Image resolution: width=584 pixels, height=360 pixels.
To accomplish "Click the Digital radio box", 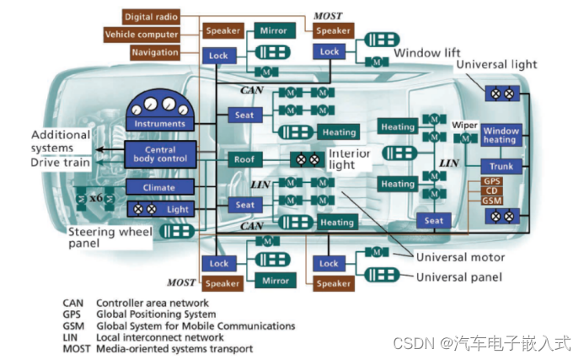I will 151,17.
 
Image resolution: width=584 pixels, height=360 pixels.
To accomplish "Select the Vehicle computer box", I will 142,35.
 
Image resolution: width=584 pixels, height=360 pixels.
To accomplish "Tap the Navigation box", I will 154,52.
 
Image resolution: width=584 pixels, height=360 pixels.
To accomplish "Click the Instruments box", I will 160,124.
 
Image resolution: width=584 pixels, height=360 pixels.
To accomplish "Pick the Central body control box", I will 161,153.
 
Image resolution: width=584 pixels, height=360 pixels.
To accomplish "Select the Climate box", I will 160,187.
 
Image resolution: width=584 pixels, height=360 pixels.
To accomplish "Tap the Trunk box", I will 501,166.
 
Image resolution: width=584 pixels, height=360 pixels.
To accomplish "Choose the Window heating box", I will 501,135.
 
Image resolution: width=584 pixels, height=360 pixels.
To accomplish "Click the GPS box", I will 491,181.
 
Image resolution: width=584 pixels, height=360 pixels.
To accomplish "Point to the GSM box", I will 491,201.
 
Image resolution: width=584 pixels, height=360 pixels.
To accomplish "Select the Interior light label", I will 349,160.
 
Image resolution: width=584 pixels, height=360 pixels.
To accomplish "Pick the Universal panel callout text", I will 460,277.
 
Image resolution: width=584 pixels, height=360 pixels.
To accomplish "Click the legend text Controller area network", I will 152,303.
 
